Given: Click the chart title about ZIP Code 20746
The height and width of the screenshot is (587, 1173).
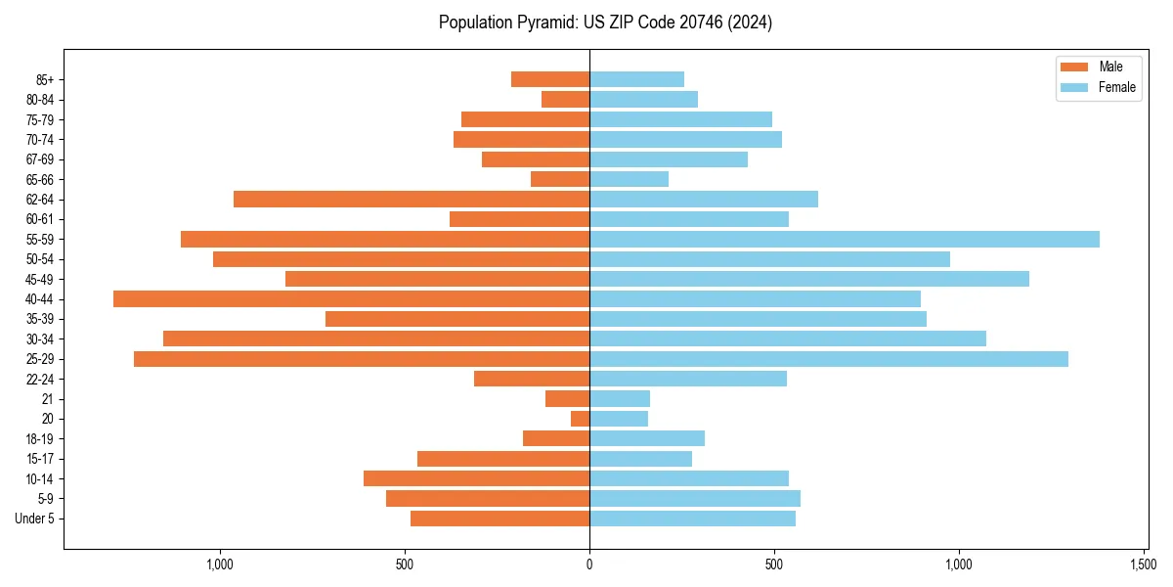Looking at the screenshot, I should tap(605, 23).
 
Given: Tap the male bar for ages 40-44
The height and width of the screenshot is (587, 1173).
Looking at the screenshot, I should tap(351, 298).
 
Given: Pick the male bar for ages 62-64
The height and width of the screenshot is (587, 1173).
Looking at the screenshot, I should tap(412, 199).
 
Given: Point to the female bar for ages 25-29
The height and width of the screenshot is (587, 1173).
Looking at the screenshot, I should tap(828, 359).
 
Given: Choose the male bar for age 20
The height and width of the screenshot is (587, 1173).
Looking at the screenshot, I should tap(580, 419).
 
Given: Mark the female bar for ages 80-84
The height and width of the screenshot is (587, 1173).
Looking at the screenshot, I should tap(643, 99).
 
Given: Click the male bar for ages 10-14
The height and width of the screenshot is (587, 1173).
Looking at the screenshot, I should tap(476, 478).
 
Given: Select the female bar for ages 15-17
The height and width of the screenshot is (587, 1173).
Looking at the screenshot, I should tap(640, 459).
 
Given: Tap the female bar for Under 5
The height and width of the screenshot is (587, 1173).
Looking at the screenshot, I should tap(692, 519).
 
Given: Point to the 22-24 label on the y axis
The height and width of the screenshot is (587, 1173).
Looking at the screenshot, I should tap(39, 379).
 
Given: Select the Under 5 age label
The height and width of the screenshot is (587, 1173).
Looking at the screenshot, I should tap(34, 519).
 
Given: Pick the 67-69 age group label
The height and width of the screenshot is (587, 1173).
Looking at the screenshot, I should tap(39, 159).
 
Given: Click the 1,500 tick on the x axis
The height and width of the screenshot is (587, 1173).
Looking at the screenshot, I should tap(1144, 564).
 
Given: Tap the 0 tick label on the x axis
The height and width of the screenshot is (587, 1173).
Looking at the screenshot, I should tap(589, 564).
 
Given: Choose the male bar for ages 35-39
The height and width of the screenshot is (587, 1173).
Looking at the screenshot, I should tap(457, 319).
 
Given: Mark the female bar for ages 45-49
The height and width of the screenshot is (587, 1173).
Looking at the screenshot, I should tap(808, 279).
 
